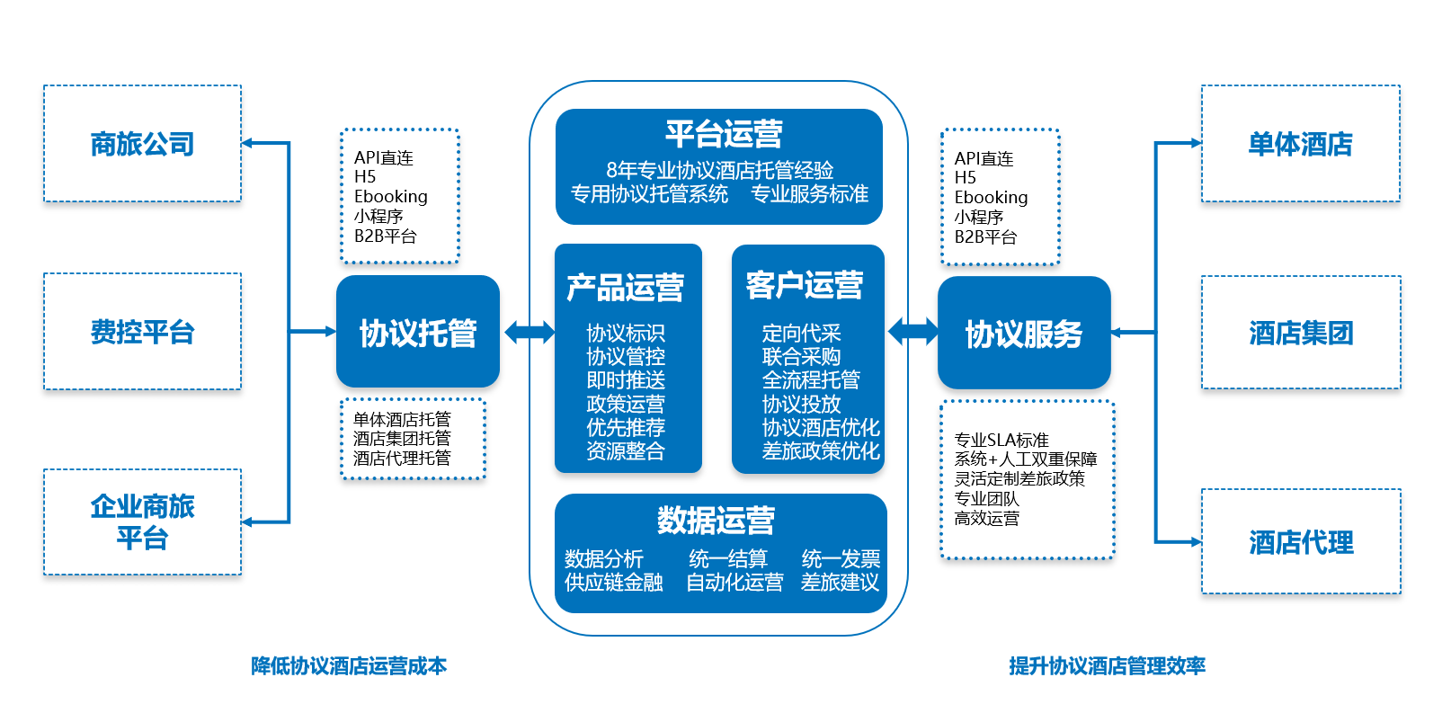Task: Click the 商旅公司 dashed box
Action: [x=142, y=144]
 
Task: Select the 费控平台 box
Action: [x=142, y=332]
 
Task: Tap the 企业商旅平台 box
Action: [x=142, y=522]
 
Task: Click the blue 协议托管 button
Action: [x=417, y=333]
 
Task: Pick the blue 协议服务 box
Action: [x=1023, y=334]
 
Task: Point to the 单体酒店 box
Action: [x=1300, y=144]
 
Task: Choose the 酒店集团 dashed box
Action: [x=1300, y=333]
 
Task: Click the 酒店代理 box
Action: [x=1300, y=542]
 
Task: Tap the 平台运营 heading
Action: [x=724, y=134]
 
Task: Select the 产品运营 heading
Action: [x=626, y=287]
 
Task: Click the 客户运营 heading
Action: [x=805, y=285]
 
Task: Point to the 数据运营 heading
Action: [x=716, y=520]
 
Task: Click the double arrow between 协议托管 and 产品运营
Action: [x=530, y=332]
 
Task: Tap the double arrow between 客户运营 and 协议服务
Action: [x=912, y=331]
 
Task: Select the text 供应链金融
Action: [x=613, y=583]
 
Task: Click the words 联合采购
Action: [x=801, y=357]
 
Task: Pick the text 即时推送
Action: [x=626, y=380]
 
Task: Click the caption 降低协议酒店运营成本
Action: [x=349, y=666]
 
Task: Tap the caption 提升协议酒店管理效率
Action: [x=1107, y=666]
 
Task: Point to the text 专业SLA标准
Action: [x=1001, y=440]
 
